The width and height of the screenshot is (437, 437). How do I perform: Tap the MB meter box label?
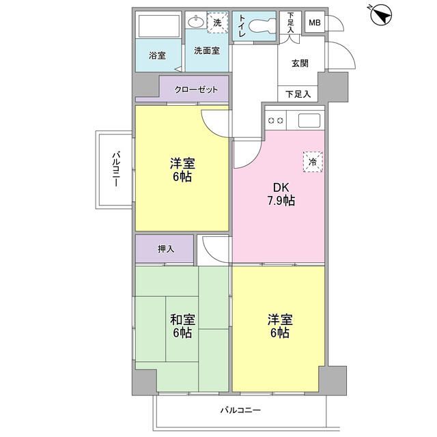314,23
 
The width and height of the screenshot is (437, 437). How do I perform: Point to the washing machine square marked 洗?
218,23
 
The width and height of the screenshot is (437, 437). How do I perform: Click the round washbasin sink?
195,23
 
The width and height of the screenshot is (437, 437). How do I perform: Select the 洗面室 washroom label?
206,51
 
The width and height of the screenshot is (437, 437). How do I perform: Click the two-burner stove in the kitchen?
277,121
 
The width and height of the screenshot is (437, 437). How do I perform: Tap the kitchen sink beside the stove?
308,121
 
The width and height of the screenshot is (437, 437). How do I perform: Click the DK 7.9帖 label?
280,193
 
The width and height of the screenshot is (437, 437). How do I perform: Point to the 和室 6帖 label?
182,325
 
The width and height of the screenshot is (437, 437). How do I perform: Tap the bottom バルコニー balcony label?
240,410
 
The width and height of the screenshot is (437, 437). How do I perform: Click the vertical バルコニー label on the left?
115,169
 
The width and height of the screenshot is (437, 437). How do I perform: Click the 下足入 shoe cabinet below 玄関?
298,94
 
